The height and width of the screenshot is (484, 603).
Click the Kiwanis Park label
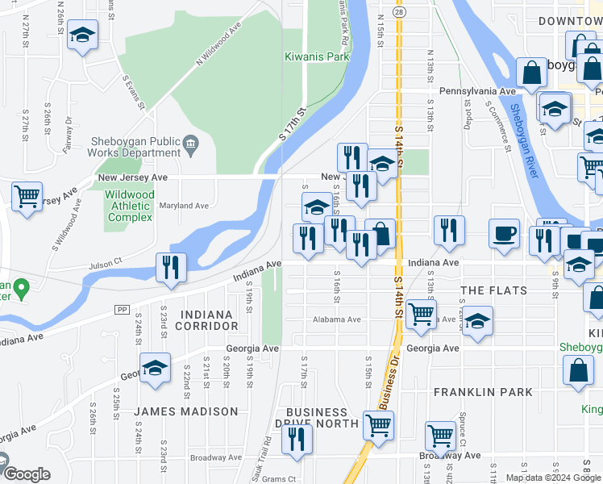317,57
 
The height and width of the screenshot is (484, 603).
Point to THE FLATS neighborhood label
493,290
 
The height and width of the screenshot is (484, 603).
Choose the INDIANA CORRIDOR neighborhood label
210,319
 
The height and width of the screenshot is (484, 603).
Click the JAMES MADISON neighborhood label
186,411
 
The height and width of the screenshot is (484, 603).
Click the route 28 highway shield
399,11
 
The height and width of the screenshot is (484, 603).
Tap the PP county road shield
123,309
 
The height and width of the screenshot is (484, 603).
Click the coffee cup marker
505,234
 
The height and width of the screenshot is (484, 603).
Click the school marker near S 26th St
81,37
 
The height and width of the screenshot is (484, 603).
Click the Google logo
26,474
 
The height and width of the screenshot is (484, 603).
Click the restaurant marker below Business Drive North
297,440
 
